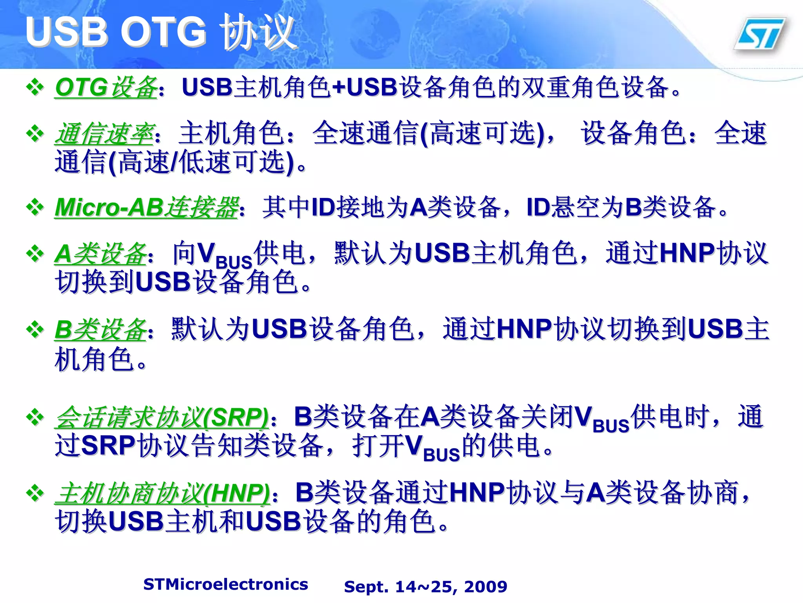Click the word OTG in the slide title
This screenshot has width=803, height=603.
click(163, 32)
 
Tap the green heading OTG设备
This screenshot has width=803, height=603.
click(106, 88)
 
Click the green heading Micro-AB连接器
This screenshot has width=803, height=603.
click(147, 207)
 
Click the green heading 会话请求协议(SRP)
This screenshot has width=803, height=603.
click(162, 417)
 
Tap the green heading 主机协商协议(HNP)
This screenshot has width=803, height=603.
click(162, 493)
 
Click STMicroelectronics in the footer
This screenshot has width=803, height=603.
click(225, 584)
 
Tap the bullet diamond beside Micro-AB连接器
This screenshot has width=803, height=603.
click(35, 207)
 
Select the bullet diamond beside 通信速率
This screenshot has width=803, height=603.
click(35, 134)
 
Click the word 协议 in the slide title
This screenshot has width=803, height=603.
click(257, 32)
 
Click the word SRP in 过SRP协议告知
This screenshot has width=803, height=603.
click(108, 446)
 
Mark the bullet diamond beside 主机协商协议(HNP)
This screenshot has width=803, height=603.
click(35, 493)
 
